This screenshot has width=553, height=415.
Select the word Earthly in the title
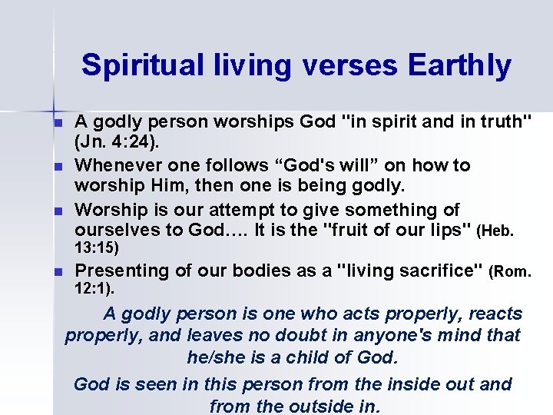coord(460,65)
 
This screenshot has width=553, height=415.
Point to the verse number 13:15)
coord(97,249)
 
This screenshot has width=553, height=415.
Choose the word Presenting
coord(121,271)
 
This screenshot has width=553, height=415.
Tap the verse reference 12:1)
coord(94,290)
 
